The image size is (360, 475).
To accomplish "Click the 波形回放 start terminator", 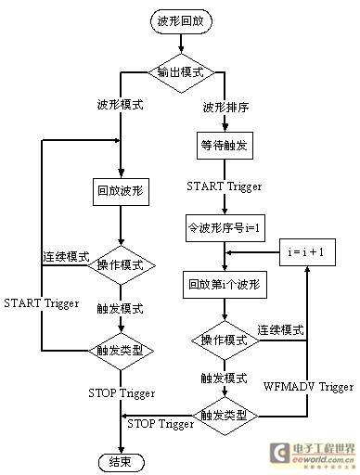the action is pos(181,21).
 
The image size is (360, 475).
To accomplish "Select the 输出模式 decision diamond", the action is pos(181,73).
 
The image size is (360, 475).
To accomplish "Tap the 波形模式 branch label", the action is pos(121,105).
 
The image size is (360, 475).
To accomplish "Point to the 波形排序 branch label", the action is pos(225,108).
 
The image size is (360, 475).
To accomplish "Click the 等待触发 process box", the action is pos(225,146).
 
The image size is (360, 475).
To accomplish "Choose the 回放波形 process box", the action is pos(121,192).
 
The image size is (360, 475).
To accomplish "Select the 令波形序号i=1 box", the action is pos(225,228).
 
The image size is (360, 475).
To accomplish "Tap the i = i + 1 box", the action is pos(307,252).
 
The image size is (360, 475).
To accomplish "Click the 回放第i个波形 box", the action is pos(225,285).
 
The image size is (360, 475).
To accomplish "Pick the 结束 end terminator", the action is pos(122,462).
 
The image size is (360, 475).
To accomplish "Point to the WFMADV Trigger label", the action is pos(308,387).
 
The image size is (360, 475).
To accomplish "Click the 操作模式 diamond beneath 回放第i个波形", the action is pos(225,340).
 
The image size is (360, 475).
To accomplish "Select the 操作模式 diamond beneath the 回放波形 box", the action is pos(121,265).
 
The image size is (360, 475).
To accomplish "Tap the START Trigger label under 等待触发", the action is pos(225,186).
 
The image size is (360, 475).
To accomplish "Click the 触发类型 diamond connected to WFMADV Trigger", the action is pos(225,416).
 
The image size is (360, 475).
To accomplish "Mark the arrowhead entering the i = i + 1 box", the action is pos(307,269).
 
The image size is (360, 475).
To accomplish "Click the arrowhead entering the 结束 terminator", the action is pos(121,451).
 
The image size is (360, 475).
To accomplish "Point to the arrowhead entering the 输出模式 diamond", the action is pos(181,50).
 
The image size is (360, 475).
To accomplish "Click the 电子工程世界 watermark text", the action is pos(324,449).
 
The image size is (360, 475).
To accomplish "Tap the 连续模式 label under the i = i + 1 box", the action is pos(281,330).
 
